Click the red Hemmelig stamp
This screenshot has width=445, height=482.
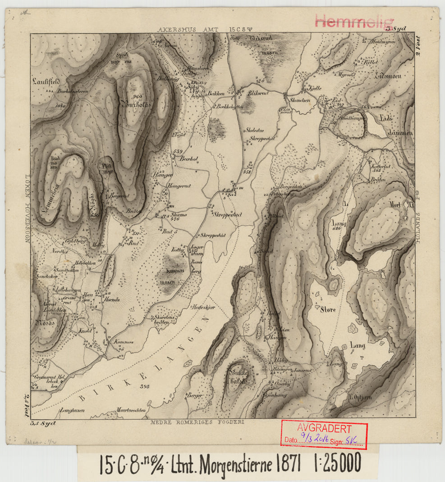coord(354,21)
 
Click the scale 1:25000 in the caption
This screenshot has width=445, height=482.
coord(337,463)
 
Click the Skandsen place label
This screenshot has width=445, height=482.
coord(300,100)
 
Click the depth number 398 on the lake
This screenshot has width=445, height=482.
coord(145,387)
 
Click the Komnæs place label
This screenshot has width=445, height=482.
coord(124,342)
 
